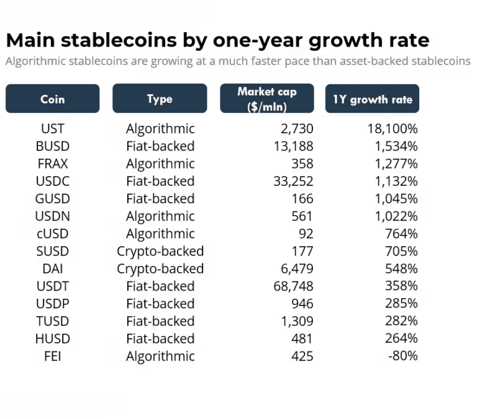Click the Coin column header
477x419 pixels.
[x=52, y=99]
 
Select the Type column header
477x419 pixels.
[x=160, y=99]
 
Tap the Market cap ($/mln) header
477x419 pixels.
[x=266, y=99]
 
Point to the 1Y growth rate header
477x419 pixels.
[x=372, y=99]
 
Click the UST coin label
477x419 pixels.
[x=52, y=129]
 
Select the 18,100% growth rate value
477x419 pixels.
[x=392, y=129]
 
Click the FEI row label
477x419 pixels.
[x=52, y=356]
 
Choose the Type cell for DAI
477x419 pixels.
[x=160, y=269]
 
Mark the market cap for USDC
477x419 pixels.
[x=293, y=182]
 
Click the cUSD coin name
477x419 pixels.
[x=52, y=234]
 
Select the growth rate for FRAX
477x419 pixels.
[x=396, y=164]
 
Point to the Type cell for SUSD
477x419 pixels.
[x=160, y=252]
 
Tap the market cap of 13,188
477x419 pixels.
[x=293, y=146]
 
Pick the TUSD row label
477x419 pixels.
[x=52, y=321]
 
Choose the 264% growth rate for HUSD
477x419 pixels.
[x=401, y=339]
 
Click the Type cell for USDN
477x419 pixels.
[x=160, y=216]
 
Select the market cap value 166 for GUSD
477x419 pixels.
[x=302, y=199]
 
